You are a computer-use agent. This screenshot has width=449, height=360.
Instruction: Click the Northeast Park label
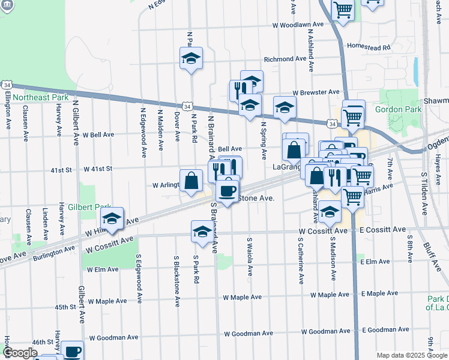pyautogui.click(x=41, y=97)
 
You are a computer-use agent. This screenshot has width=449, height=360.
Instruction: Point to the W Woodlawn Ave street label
pyautogui.click(x=298, y=25)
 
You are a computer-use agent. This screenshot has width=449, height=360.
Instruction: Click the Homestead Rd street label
pyautogui.click(x=369, y=46)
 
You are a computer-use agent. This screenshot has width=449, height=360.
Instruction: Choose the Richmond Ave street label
pyautogui.click(x=286, y=59)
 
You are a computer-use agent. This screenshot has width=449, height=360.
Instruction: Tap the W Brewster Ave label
pyautogui.click(x=316, y=92)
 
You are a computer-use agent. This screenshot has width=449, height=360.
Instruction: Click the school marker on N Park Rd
pyautogui.click(x=191, y=58)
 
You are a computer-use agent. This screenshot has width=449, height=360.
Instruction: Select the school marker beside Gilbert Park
pyautogui.click(x=112, y=220)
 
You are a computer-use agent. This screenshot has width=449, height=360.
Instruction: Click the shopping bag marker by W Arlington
pyautogui.click(x=191, y=180)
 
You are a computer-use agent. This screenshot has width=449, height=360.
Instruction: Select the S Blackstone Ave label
pyautogui.click(x=177, y=280)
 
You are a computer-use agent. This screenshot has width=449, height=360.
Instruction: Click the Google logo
pyautogui.click(x=20, y=353)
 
